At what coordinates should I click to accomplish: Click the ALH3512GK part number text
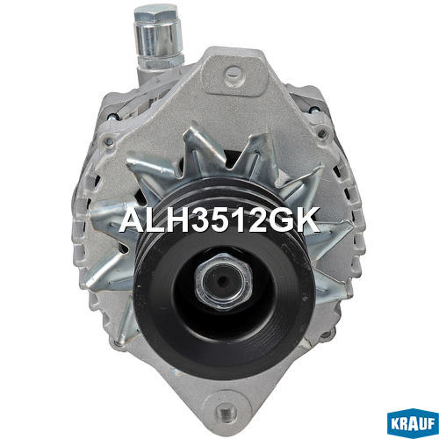tap(219, 219)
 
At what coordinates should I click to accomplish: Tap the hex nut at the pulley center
tap(222, 282)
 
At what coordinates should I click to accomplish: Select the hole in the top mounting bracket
tap(234, 72)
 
